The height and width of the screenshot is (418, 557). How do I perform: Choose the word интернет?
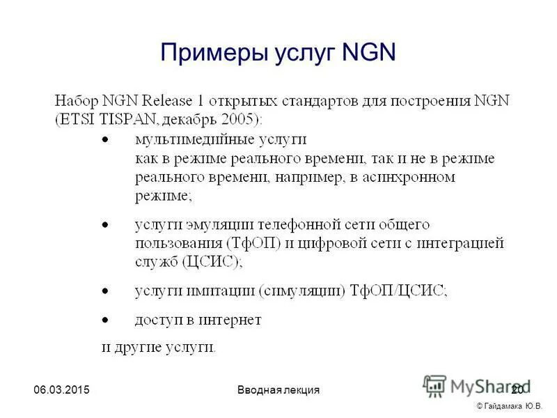click(230, 320)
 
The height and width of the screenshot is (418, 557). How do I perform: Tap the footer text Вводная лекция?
click(278, 389)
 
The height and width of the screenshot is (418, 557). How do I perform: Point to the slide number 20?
click(517, 389)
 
